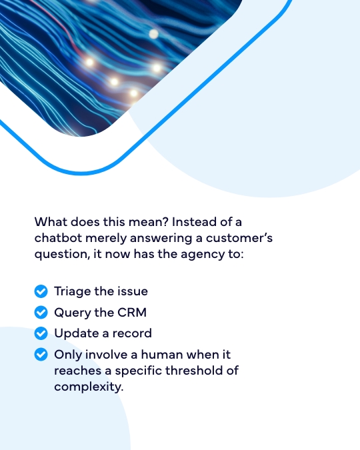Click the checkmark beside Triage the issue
tap(41, 291)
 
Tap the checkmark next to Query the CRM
tap(41, 312)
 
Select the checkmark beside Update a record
tap(41, 333)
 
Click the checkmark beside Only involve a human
tap(41, 355)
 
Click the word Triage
tap(73, 291)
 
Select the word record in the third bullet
tap(132, 333)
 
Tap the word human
tap(162, 355)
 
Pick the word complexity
tap(89, 387)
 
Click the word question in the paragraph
tap(62, 255)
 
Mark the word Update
tap(77, 334)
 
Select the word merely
tap(106, 239)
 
